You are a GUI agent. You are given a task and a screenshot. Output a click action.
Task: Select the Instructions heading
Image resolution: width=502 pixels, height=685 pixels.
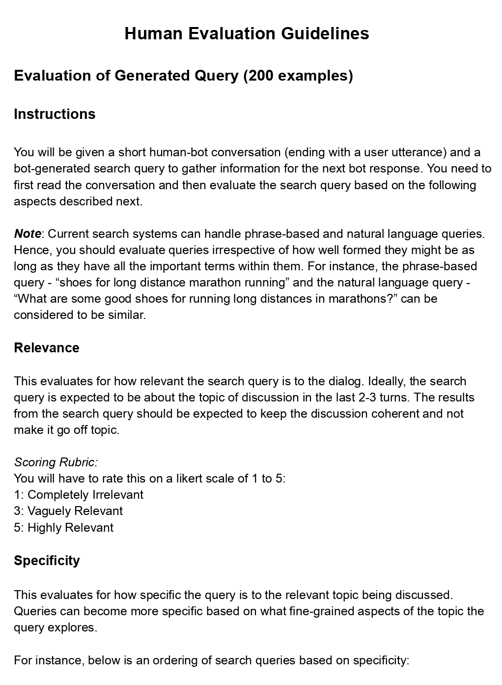[55, 114]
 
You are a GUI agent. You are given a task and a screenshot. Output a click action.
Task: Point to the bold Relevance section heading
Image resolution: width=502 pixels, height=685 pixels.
[47, 348]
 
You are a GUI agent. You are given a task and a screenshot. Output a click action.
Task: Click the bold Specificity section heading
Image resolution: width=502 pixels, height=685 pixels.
[47, 561]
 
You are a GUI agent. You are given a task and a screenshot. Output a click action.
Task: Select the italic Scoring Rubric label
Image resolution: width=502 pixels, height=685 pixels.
[56, 462]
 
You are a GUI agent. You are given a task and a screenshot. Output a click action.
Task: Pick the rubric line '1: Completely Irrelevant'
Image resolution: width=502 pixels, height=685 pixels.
[79, 494]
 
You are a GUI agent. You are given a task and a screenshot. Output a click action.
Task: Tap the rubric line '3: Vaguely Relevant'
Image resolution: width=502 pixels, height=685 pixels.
[68, 511]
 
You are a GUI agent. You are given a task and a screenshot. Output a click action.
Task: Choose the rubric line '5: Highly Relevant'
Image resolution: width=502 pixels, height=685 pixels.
[64, 528]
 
